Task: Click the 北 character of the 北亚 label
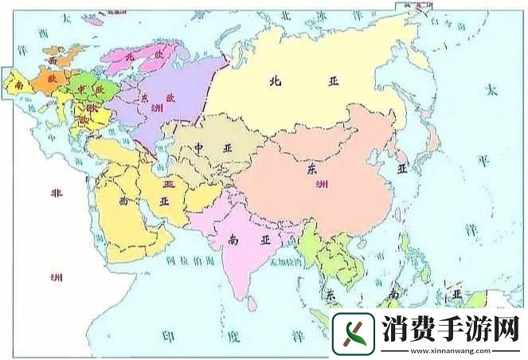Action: pyautogui.click(x=276, y=80)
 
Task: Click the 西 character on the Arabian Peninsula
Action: pyautogui.click(x=124, y=202)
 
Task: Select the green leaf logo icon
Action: pyautogui.click(x=353, y=331)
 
